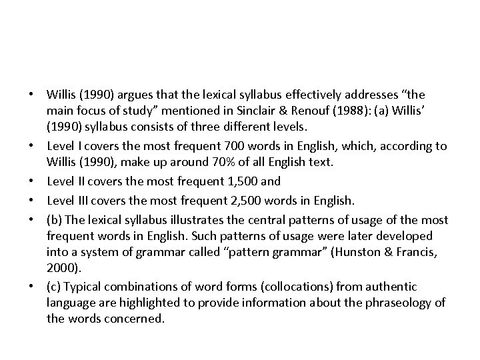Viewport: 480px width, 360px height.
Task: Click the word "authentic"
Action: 393,287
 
